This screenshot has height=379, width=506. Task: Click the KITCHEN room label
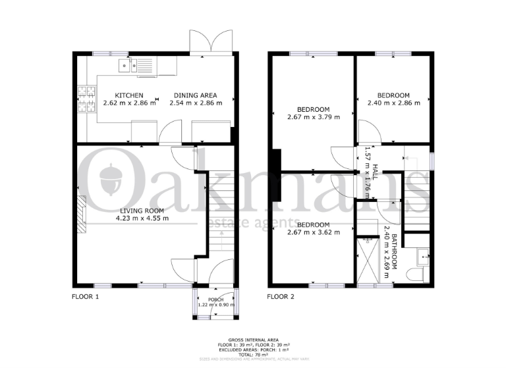click(129, 95)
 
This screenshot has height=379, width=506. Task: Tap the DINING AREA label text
click(196, 95)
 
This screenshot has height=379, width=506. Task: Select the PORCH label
click(216, 299)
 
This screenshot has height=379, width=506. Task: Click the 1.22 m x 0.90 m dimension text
click(216, 305)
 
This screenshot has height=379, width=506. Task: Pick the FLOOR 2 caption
click(281, 297)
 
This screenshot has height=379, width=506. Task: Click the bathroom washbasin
click(422, 256)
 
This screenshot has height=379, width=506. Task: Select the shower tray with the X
click(366, 260)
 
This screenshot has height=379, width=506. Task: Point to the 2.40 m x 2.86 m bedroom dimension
click(393, 103)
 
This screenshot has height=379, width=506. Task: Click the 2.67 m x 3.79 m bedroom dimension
click(313, 117)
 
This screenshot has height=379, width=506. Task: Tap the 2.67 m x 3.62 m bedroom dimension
click(313, 232)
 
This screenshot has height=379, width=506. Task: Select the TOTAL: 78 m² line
click(254, 353)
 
